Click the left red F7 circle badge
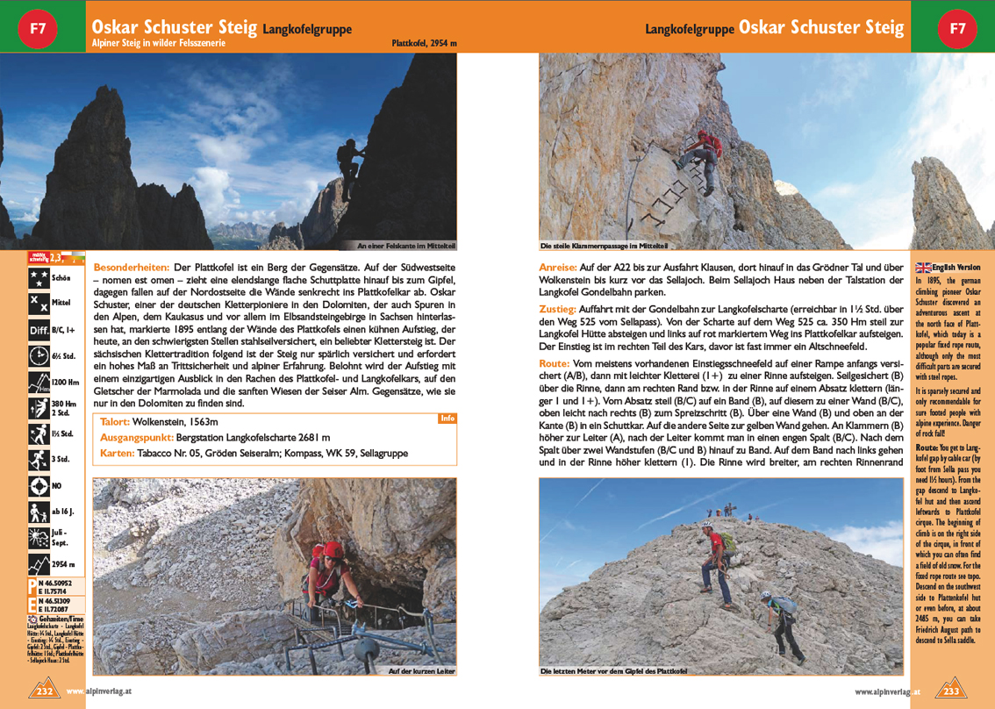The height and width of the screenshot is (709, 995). click(x=38, y=27)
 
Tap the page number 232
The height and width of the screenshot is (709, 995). click(x=47, y=691)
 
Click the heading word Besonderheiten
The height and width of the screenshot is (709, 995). click(x=132, y=265)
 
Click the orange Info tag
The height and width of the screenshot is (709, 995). click(x=447, y=419)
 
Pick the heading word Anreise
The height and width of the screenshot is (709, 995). click(x=557, y=265)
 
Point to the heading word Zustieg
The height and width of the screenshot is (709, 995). click(x=557, y=309)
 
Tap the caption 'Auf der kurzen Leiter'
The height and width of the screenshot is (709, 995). click(x=421, y=671)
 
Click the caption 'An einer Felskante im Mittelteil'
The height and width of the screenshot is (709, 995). click(x=406, y=246)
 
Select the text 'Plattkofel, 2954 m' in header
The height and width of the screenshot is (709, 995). click(x=424, y=42)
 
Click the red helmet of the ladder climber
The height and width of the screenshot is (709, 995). click(x=333, y=549)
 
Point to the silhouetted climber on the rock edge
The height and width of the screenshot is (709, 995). click(x=351, y=162)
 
